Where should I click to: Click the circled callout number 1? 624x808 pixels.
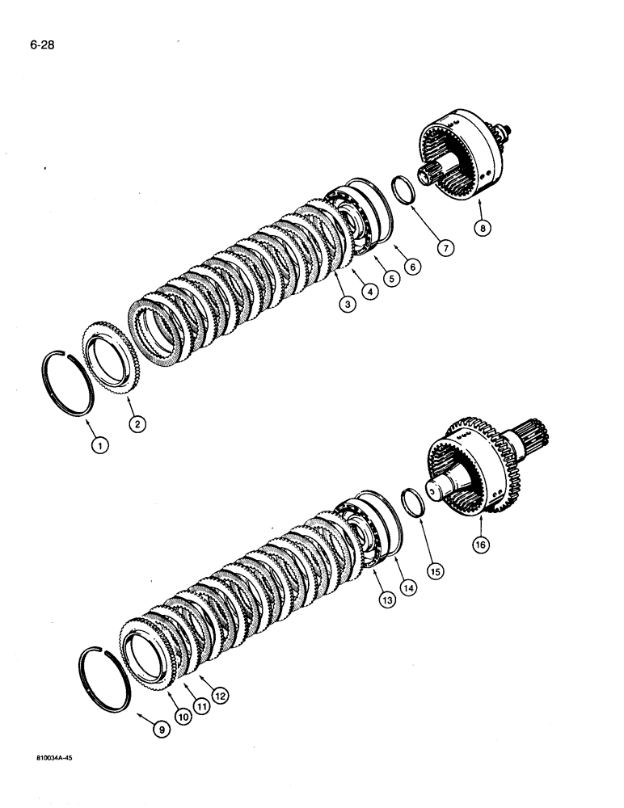[x=99, y=444]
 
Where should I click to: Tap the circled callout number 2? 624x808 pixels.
[x=138, y=423]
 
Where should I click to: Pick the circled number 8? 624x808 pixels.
[x=482, y=229]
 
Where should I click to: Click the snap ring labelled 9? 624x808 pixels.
[x=103, y=679]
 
